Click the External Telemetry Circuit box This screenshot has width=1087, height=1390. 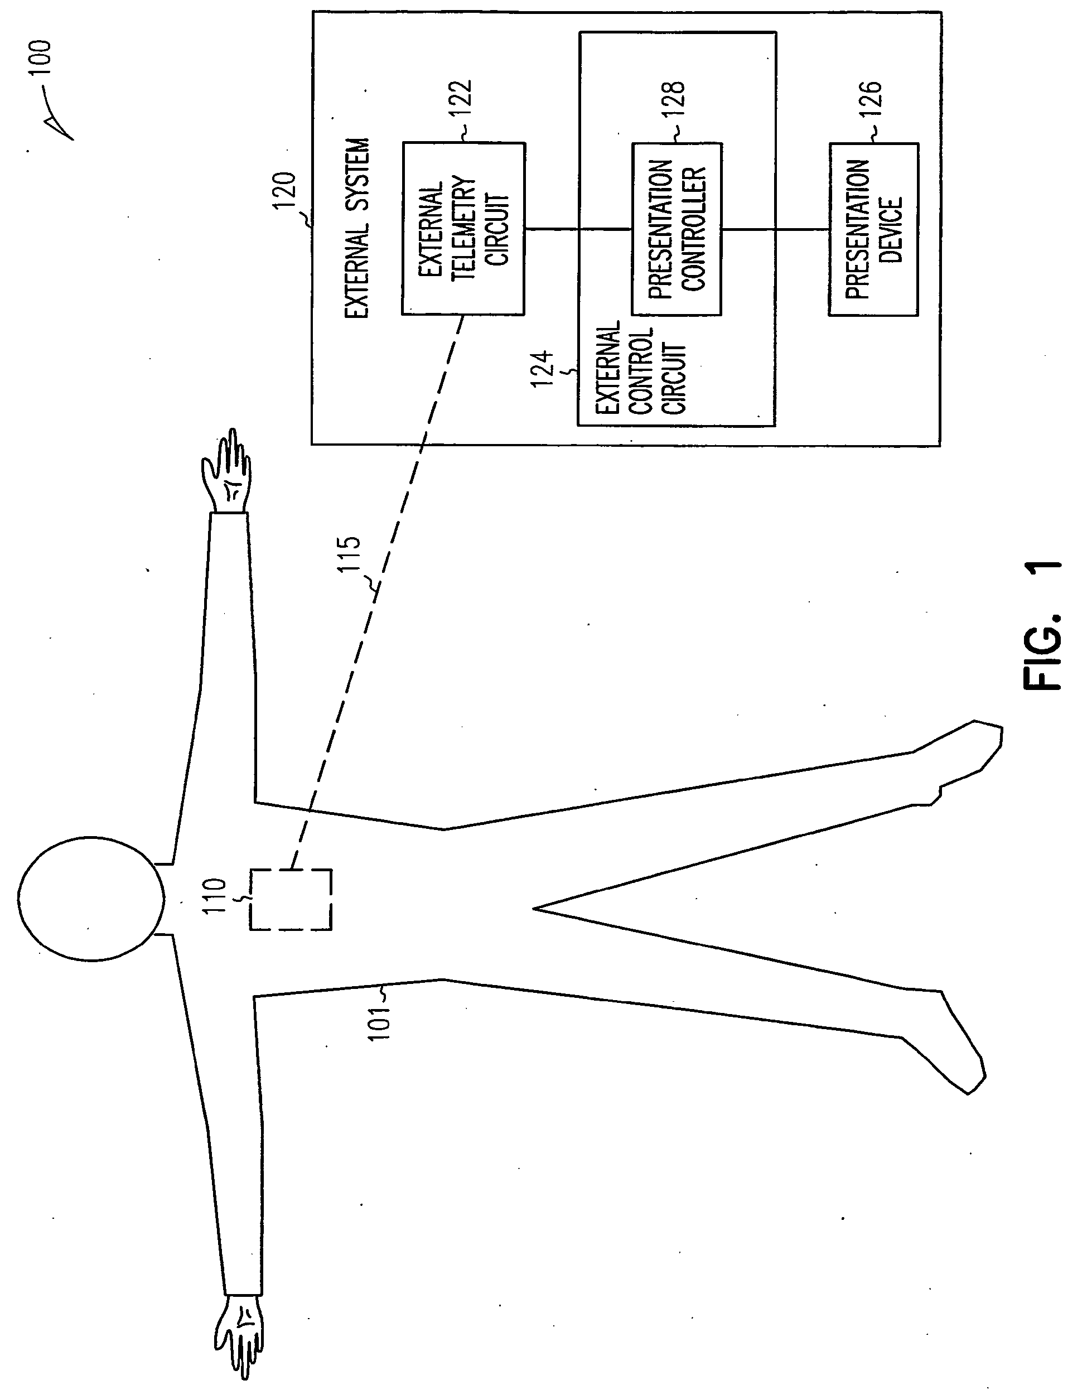coord(463,229)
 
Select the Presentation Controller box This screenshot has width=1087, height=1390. coord(676,229)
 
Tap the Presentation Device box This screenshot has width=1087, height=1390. coord(873,229)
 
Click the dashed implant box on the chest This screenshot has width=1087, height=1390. coord(291,899)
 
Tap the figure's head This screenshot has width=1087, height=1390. coord(91,898)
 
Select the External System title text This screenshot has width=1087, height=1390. coord(357,229)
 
